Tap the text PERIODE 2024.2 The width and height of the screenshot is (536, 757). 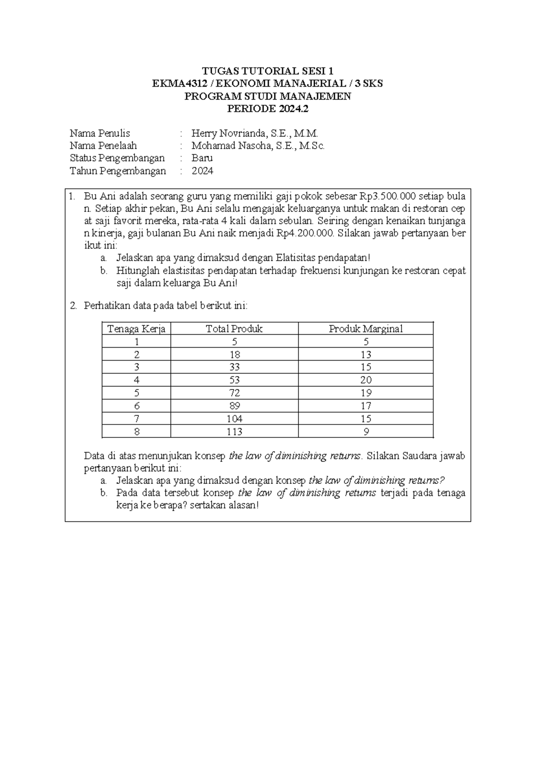(x=268, y=108)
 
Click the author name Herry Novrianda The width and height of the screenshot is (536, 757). (x=229, y=133)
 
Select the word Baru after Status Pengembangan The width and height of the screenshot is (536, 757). (x=202, y=158)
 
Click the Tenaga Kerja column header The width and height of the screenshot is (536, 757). (x=136, y=329)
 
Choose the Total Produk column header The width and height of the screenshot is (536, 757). (x=234, y=329)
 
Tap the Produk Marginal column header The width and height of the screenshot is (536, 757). (x=366, y=329)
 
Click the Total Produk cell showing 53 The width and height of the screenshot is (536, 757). (x=234, y=380)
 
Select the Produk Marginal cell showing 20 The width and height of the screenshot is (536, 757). (x=366, y=380)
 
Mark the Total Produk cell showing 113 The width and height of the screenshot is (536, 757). (x=234, y=432)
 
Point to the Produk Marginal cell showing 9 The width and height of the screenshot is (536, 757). (x=366, y=432)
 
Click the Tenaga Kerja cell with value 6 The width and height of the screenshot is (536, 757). (x=137, y=406)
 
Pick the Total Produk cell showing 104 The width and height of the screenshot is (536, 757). (x=234, y=419)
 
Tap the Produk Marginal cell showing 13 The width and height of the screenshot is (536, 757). (x=366, y=355)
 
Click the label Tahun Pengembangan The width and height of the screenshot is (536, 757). (x=118, y=171)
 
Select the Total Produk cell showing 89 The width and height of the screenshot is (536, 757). (x=234, y=406)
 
